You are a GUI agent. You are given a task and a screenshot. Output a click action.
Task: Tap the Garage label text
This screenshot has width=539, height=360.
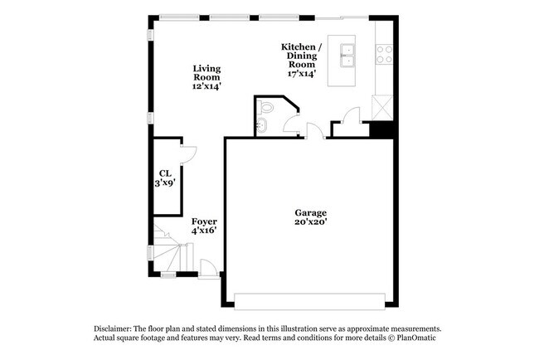(308, 212)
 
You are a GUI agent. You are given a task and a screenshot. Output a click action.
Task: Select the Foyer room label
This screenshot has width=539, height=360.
(204, 221)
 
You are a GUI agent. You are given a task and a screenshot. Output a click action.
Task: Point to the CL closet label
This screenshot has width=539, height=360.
(165, 173)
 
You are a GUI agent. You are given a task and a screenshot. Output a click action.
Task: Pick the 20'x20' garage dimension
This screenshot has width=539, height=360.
(308, 222)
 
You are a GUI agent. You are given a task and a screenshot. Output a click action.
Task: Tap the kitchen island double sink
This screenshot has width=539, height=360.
(348, 56)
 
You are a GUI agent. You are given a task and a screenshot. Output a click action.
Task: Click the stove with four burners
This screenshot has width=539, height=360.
(385, 55)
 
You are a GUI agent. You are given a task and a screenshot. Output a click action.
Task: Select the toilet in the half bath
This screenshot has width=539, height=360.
(266, 107)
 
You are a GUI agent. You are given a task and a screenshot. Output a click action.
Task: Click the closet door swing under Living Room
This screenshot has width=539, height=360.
(187, 153)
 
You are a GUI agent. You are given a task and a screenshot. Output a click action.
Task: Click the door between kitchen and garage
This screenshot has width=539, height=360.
(314, 130)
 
